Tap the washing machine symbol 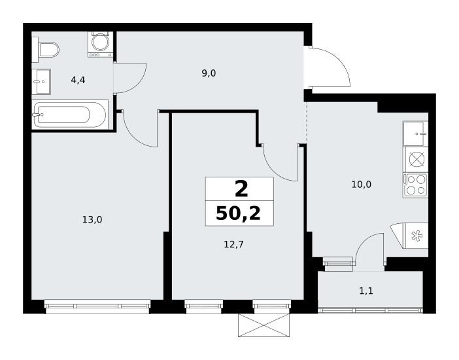pos(101,44)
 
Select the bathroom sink pos(41,82)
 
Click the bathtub pos(70,115)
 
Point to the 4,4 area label pos(78,80)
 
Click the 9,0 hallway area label pos(209,73)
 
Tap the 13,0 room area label pos(92,219)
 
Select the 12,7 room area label pos(233,244)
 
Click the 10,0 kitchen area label pos(361,185)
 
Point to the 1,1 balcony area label pos(366,291)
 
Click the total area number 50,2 pos(238,213)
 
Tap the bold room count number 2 pos(241,189)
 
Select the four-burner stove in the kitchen pos(415,185)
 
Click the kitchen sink pos(415,134)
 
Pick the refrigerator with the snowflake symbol pos(410,236)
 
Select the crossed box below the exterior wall pos(263,325)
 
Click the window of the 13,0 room pos(97,306)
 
